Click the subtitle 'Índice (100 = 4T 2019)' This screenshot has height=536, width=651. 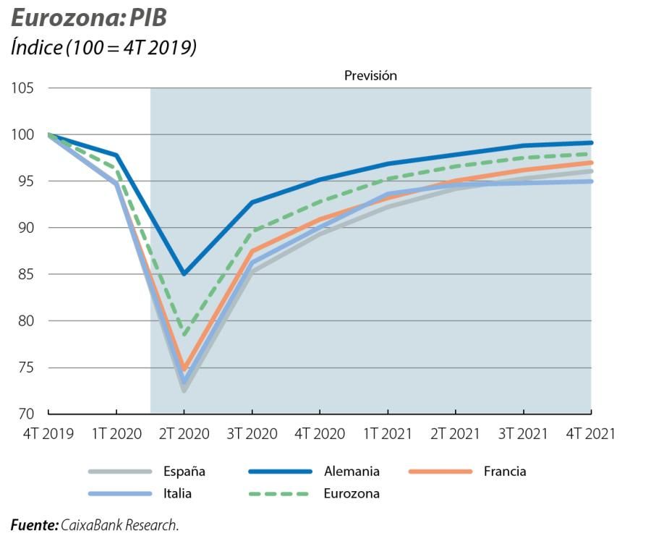tap(103, 48)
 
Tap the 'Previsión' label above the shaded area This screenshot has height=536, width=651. tap(370, 75)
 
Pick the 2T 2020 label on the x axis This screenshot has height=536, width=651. tap(184, 434)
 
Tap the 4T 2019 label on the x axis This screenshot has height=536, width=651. tap(48, 434)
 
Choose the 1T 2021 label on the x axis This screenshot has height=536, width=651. tap(388, 434)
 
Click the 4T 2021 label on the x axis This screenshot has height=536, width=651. tap(590, 434)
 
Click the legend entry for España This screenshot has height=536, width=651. tap(184, 472)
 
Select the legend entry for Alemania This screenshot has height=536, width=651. tap(351, 472)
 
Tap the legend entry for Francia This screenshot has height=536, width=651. tap(504, 472)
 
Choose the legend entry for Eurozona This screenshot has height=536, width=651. tap(351, 494)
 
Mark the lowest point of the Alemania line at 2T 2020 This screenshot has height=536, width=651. tap(184, 274)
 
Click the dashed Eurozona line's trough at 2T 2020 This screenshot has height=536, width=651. tap(184, 335)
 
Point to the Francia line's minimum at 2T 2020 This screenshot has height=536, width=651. tap(184, 368)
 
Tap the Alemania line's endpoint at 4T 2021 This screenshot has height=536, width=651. tap(590, 142)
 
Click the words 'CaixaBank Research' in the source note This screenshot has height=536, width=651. tap(119, 525)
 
